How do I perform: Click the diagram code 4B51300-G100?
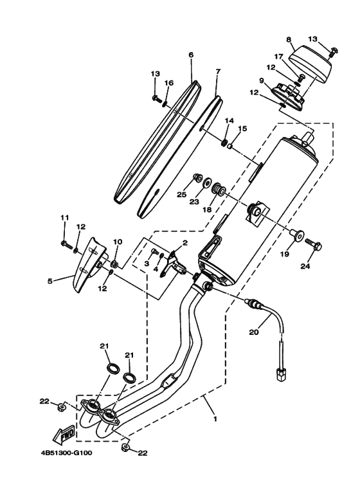click(x=66, y=453)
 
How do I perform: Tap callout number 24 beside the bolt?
click(x=305, y=266)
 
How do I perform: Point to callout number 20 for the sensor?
click(x=254, y=332)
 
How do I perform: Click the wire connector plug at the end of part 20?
click(x=280, y=375)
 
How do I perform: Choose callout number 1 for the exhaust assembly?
click(x=215, y=419)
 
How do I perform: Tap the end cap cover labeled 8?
click(x=310, y=68)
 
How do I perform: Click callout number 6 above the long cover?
click(x=191, y=55)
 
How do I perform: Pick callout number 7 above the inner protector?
click(x=217, y=71)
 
